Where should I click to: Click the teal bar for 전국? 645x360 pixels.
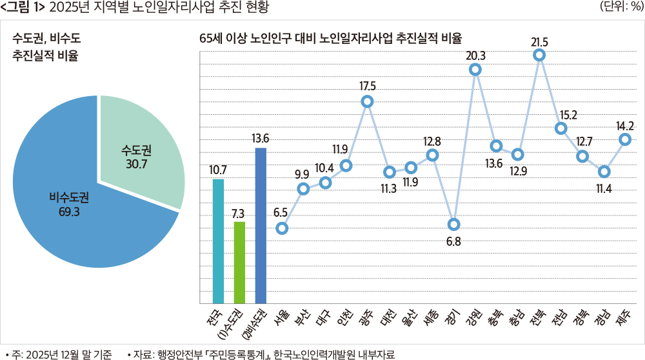[218, 241]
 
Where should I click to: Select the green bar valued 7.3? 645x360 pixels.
[239, 262]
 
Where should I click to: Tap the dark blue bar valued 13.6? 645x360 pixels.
[261, 225]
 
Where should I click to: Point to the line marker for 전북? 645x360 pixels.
[539, 56]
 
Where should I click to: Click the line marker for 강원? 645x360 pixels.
[475, 70]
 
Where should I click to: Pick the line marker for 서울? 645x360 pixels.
[282, 228]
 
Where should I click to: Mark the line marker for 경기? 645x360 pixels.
[453, 225]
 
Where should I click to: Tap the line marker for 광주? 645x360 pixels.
[368, 101]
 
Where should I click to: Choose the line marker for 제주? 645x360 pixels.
[625, 139]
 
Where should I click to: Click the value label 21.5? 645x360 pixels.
[540, 42]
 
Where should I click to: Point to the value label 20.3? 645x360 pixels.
[476, 55]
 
